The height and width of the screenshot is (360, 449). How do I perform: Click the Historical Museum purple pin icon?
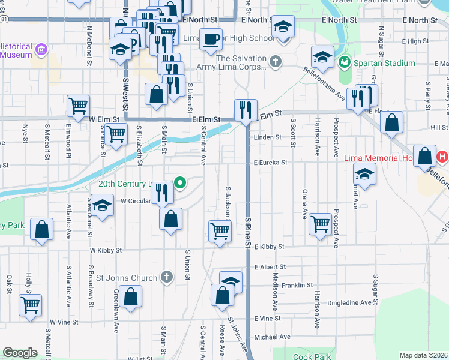[x=41, y=48]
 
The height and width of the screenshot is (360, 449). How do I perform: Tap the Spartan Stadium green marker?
[x=345, y=62]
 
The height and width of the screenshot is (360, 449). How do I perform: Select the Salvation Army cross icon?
[x=275, y=61]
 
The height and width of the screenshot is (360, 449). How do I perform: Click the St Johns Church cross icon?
[x=167, y=277]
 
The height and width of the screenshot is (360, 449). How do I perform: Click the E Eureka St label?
[x=270, y=162]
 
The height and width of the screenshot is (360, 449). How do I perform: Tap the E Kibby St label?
[x=268, y=247]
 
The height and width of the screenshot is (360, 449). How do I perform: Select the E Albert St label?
[x=270, y=266]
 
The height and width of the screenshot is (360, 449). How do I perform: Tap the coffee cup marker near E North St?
[x=210, y=40]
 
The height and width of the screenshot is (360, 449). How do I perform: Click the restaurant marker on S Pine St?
[x=246, y=110]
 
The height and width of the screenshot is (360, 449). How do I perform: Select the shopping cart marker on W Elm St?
[x=78, y=106]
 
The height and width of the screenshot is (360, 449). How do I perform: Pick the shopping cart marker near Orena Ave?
[x=320, y=223]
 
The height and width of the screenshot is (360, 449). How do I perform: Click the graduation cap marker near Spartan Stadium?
[x=322, y=57]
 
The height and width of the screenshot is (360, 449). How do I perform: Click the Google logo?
[x=20, y=353]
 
